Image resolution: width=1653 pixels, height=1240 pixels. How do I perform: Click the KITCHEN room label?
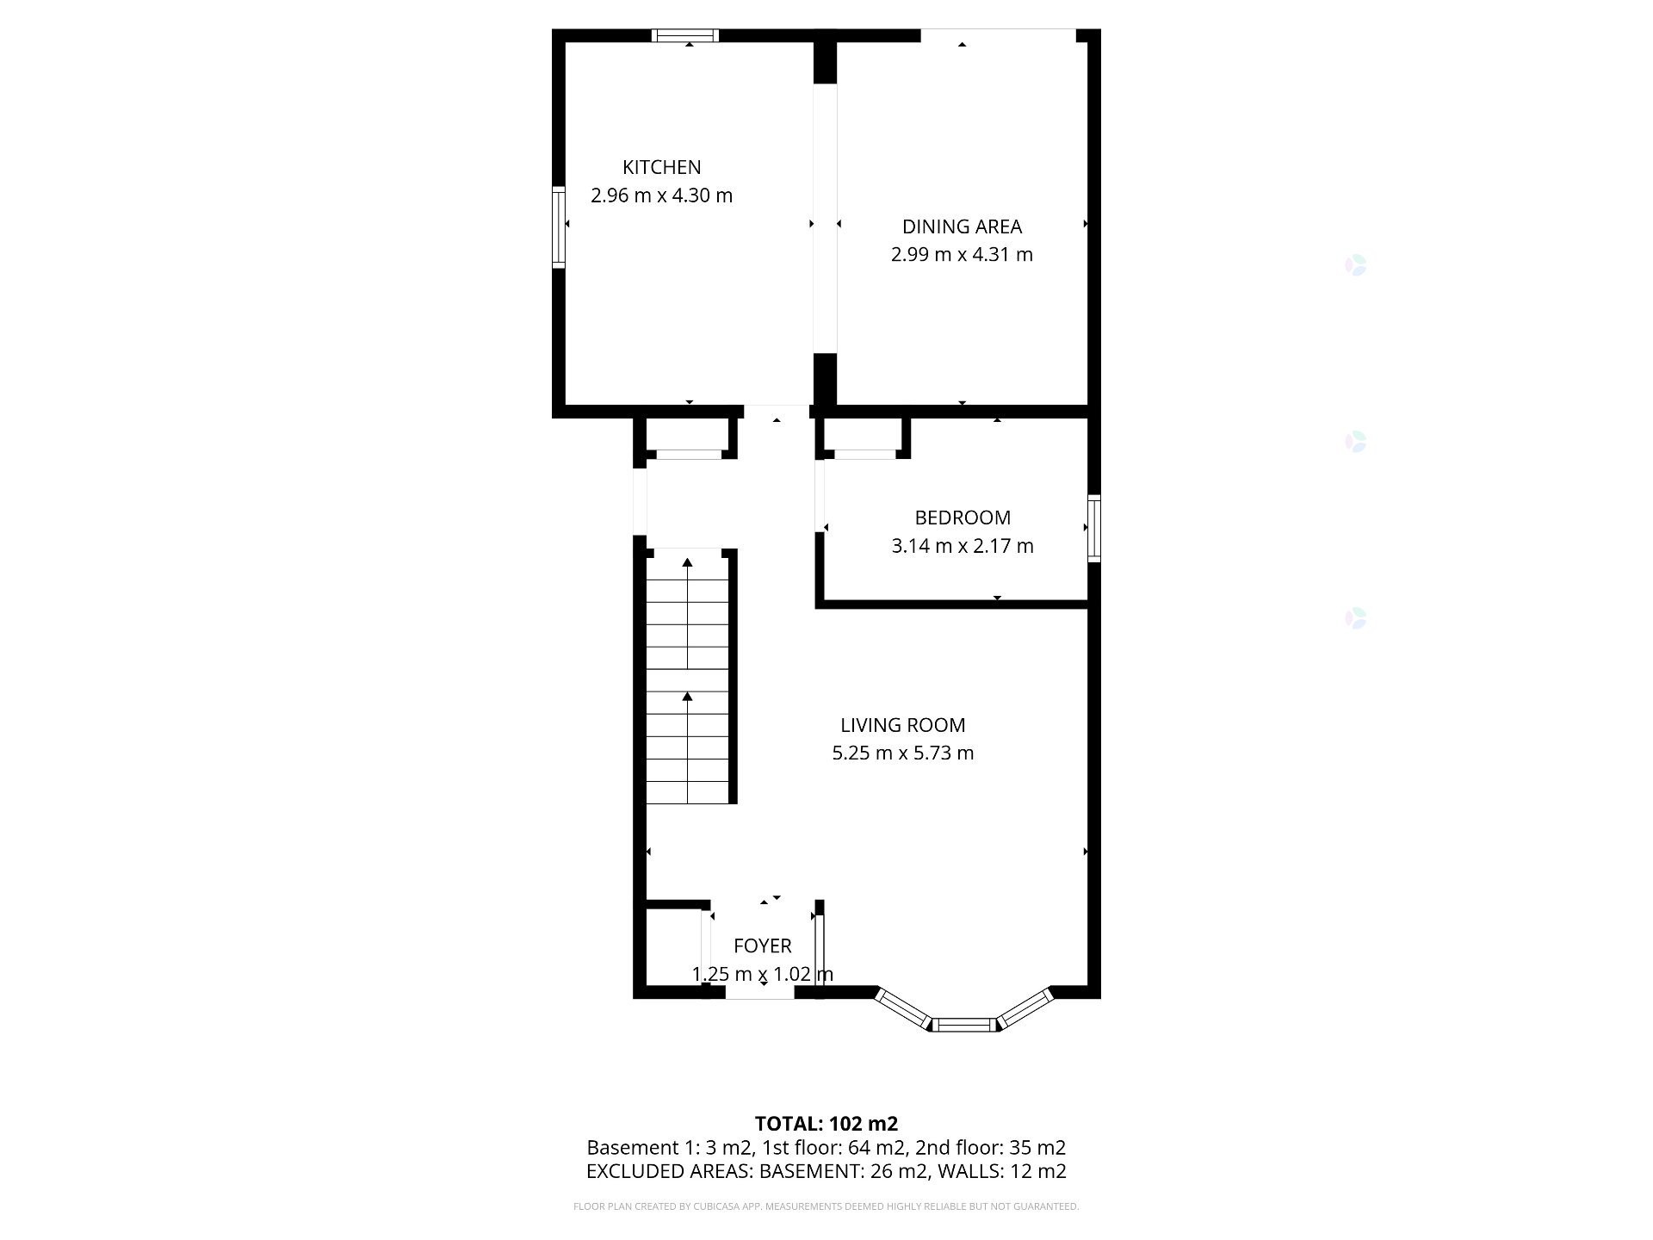tap(661, 167)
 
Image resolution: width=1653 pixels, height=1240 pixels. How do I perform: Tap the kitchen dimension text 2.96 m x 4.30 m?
tap(661, 195)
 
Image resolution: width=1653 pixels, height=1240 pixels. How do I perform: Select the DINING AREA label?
tap(962, 226)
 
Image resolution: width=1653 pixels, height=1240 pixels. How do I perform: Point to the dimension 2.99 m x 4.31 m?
tap(962, 255)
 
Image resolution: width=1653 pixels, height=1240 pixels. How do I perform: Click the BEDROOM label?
tap(962, 518)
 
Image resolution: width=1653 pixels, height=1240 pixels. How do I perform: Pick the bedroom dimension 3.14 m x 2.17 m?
tap(962, 546)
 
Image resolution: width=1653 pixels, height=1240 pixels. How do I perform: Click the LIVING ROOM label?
tap(902, 725)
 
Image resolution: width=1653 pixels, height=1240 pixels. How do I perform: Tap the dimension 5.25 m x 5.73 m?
tap(902, 753)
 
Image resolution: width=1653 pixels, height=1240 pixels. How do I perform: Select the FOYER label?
tap(762, 946)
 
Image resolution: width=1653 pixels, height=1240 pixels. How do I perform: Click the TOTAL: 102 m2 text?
tap(826, 1124)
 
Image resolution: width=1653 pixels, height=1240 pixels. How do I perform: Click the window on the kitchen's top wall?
tap(685, 35)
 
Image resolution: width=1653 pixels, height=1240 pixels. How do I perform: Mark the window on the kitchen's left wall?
tap(558, 227)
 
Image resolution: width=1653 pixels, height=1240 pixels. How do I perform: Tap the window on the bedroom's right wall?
tap(1094, 528)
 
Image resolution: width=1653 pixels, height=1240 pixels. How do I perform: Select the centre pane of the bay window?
tap(963, 1025)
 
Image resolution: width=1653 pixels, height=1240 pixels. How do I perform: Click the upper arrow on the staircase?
tap(687, 563)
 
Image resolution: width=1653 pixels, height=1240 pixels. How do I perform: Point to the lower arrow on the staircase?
tap(687, 696)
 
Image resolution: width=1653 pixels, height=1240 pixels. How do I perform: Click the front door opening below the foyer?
tap(759, 994)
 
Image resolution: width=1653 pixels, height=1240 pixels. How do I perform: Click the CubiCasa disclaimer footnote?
tap(826, 1206)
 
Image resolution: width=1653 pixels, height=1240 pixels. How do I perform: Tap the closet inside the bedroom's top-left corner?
tap(864, 436)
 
